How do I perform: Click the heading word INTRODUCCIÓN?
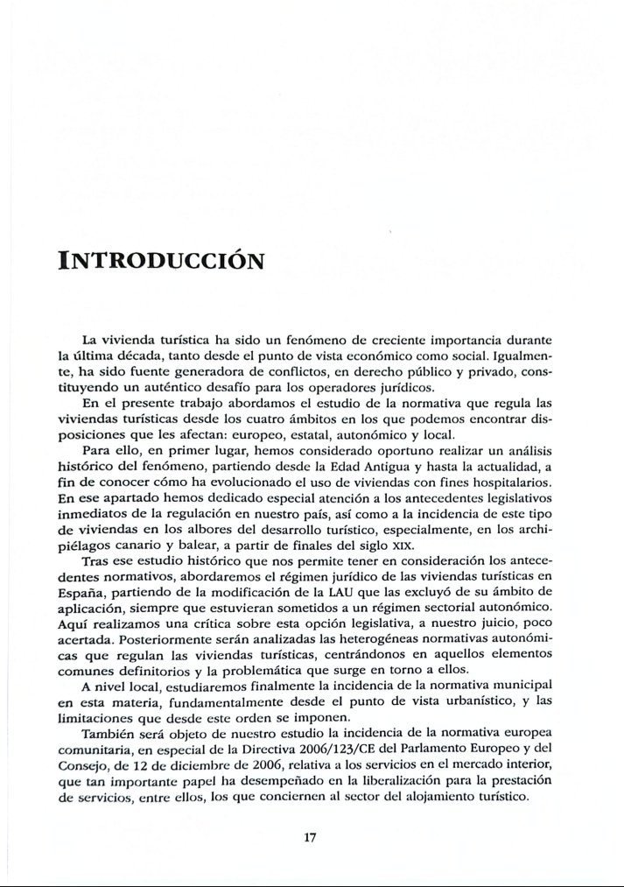tap(160, 261)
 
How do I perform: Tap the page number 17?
tap(309, 837)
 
